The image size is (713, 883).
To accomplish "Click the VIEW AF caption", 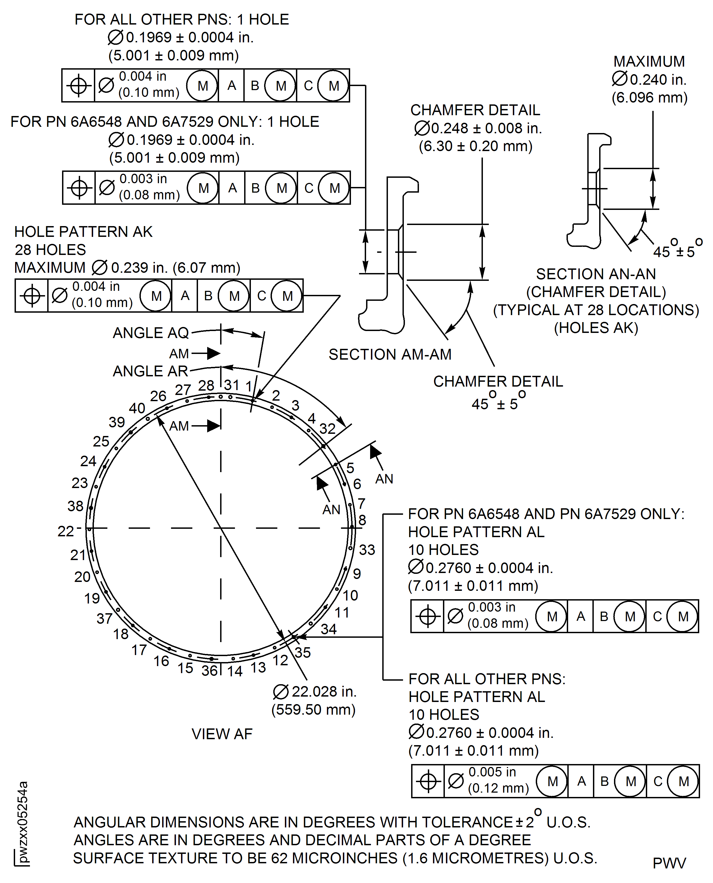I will pyautogui.click(x=222, y=734).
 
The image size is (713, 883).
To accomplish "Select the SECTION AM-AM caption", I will pyautogui.click(x=390, y=354).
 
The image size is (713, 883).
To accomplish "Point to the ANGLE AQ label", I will pyautogui.click(x=150, y=333).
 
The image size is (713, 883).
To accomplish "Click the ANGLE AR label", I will pyautogui.click(x=150, y=371).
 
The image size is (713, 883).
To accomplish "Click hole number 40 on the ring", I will pyautogui.click(x=148, y=418).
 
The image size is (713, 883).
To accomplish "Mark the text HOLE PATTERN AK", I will pyautogui.click(x=83, y=232).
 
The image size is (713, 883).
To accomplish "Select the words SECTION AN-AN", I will pyautogui.click(x=596, y=274).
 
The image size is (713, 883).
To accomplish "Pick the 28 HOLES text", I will pyautogui.click(x=50, y=250).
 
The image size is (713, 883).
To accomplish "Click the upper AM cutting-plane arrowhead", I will pyautogui.click(x=214, y=353).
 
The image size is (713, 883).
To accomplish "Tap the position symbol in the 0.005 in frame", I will pyautogui.click(x=428, y=781).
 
